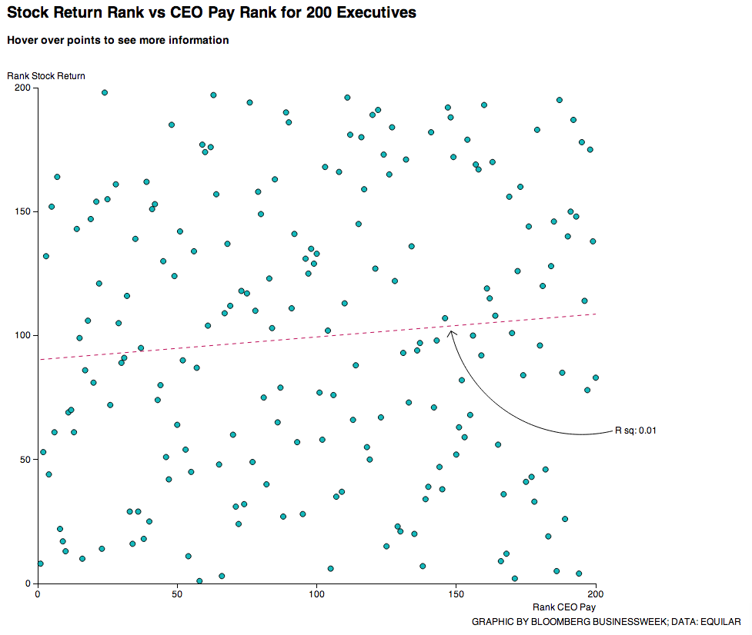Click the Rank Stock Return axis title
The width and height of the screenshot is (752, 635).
pos(46,75)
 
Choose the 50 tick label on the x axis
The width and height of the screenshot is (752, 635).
pos(177,594)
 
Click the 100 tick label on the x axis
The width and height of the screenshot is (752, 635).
pos(316,594)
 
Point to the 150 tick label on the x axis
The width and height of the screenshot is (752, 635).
pos(456,594)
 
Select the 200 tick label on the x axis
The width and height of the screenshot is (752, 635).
pos(596,594)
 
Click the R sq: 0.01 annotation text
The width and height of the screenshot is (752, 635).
pos(635,431)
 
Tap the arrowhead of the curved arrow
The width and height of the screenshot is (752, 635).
pos(451,332)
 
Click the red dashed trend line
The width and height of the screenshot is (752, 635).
pos(231,347)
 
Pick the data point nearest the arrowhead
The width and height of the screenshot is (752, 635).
pos(445,318)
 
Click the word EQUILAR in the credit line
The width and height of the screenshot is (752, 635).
pos(720,621)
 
